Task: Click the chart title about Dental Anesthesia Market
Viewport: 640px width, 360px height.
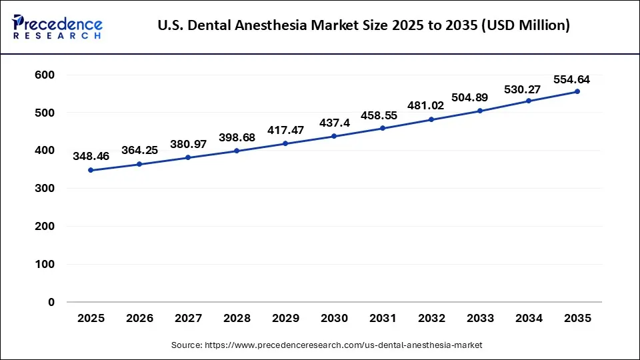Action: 363,26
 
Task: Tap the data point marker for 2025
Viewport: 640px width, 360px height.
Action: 91,170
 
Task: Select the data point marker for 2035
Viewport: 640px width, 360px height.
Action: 577,91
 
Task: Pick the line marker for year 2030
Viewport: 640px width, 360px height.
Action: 334,136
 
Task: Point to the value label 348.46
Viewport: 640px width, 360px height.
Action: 91,157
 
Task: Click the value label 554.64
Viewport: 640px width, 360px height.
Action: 571,79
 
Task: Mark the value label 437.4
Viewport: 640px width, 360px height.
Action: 334,123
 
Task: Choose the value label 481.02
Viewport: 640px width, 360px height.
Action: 431,107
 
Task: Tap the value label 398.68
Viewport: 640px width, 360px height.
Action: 237,138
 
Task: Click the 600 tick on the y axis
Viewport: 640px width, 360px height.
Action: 44,75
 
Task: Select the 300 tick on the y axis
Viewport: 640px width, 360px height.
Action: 44,189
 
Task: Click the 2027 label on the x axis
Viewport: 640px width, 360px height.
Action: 188,319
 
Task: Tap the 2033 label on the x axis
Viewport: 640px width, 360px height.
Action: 480,319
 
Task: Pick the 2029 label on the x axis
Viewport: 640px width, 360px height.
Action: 285,319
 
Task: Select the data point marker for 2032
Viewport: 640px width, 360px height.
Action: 431,119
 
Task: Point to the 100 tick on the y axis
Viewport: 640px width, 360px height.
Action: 44,264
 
